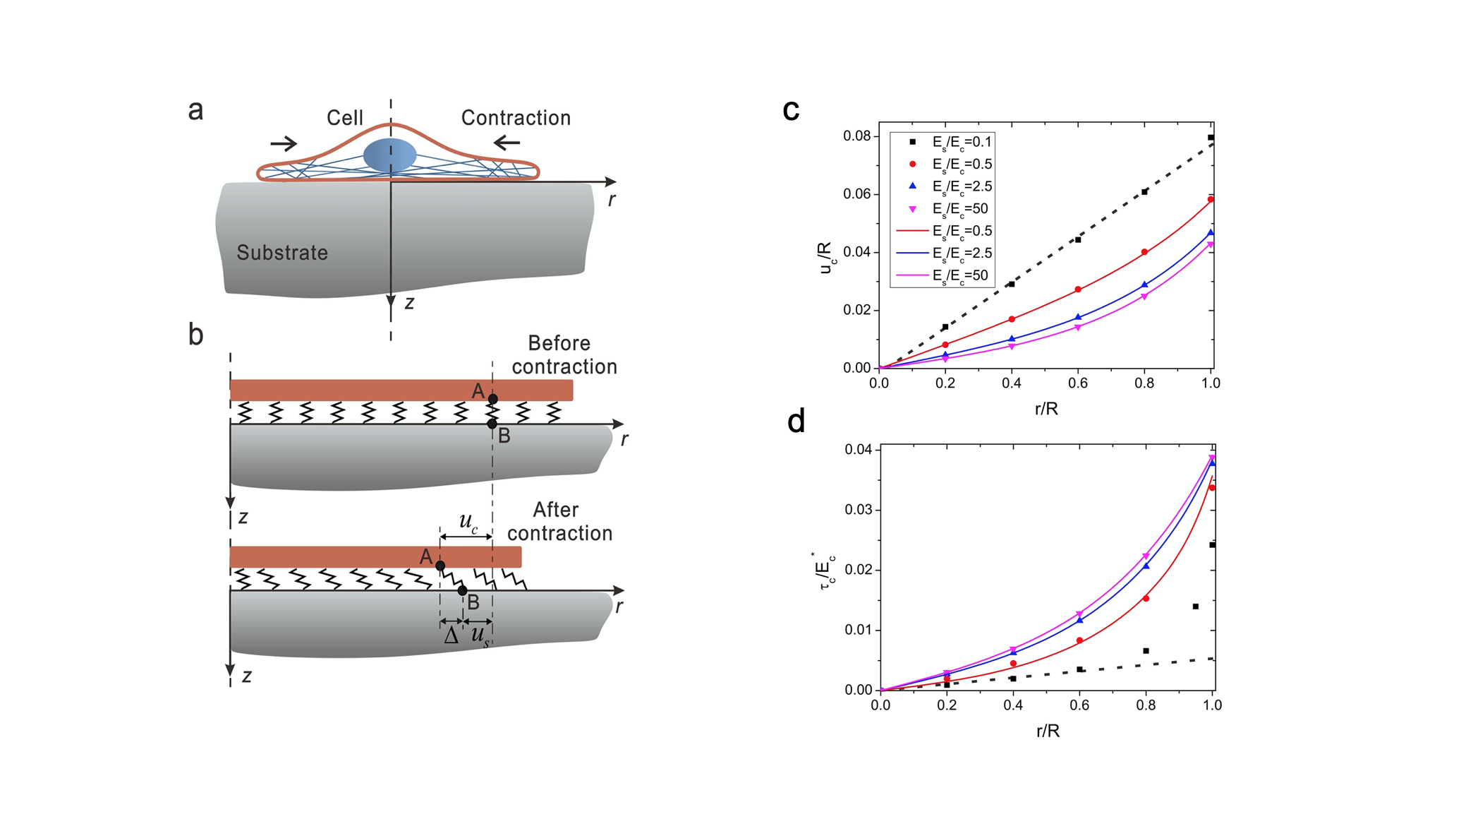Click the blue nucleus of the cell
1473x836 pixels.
[x=390, y=155]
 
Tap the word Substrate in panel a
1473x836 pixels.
[x=282, y=253]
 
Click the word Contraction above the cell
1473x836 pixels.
[x=516, y=118]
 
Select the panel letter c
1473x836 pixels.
[x=791, y=110]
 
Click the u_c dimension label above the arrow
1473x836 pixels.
[x=468, y=522]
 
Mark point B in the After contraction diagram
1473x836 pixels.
[x=462, y=590]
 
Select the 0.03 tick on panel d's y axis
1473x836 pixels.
[x=858, y=510]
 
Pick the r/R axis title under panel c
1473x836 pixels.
[x=1046, y=409]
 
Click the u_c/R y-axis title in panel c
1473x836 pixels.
[x=826, y=258]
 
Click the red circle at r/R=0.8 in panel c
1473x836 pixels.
[x=1144, y=252]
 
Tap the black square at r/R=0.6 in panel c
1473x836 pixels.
[x=1078, y=240]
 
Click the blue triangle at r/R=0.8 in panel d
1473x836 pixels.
[x=1146, y=566]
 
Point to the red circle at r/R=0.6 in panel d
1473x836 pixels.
[x=1079, y=640]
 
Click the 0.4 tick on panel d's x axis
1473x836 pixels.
[x=1013, y=705]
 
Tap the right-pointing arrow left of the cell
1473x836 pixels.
[x=284, y=143]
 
